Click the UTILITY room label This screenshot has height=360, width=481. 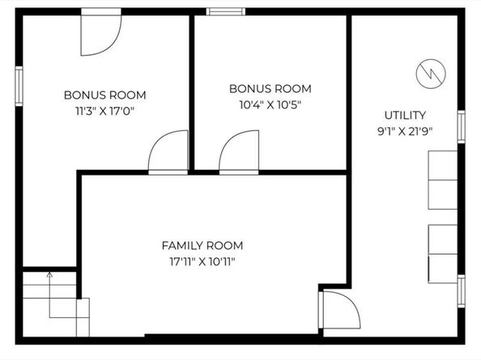(x=405, y=115)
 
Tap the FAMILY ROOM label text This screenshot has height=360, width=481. (x=202, y=245)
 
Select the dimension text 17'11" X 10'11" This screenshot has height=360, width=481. (x=202, y=262)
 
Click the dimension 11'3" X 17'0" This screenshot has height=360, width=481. (x=105, y=111)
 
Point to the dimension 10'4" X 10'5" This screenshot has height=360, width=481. (x=270, y=105)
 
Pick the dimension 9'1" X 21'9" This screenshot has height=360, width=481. (x=405, y=131)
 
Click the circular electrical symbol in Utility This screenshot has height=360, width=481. (x=431, y=74)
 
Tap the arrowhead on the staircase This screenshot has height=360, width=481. (x=49, y=274)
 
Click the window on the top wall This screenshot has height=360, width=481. (x=225, y=11)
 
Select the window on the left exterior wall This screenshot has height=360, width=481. (x=19, y=86)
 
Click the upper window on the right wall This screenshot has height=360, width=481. (x=461, y=126)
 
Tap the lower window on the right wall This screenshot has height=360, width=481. (x=461, y=291)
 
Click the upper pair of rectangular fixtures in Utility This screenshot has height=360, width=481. (x=443, y=180)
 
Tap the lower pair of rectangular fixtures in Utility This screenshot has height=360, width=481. (x=443, y=254)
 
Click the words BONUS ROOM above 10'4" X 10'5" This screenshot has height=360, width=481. (x=270, y=89)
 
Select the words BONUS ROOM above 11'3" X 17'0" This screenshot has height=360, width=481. (x=105, y=95)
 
